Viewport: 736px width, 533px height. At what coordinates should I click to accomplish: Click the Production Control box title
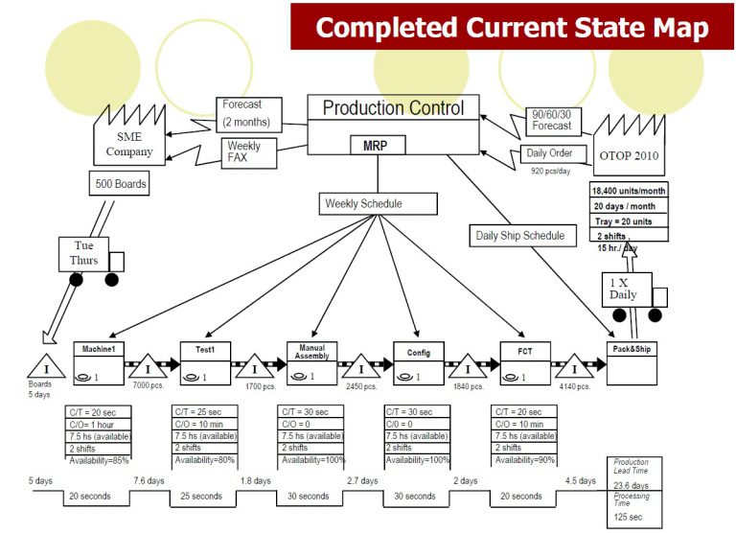coord(393,107)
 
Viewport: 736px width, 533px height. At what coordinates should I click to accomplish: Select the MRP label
coord(375,146)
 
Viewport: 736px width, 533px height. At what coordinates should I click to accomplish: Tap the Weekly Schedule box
coord(364,203)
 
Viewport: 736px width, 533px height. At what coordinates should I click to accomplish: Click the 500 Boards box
coord(120,182)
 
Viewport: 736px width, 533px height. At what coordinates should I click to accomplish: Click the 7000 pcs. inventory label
coord(149,387)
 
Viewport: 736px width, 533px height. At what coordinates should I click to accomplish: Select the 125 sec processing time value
coord(628,518)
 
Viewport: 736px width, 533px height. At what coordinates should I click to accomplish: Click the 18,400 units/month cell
coord(629,191)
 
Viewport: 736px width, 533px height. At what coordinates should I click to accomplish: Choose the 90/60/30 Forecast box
coord(552,119)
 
